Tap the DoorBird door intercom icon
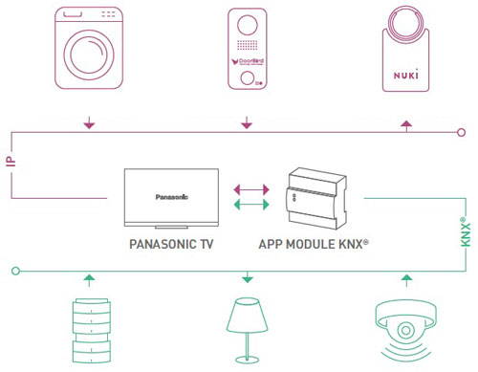click(248, 49)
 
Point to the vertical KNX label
click(465, 233)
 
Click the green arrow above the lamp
click(248, 279)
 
